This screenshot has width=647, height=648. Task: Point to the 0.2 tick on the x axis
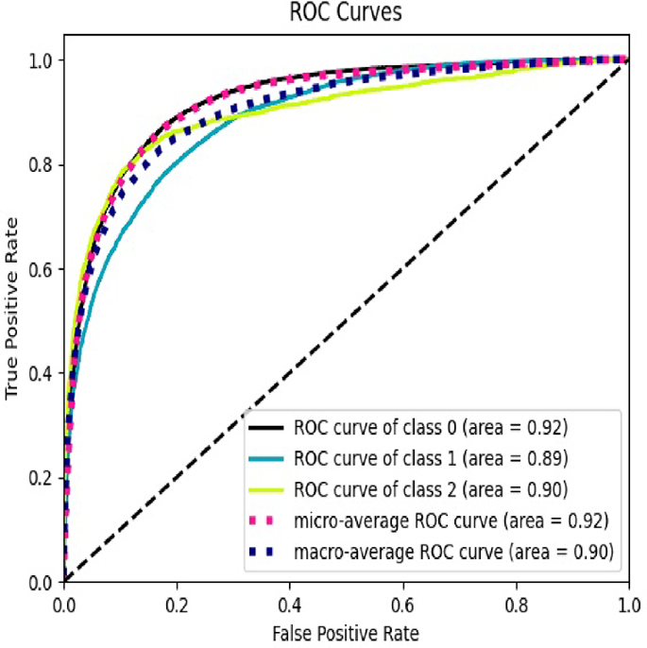point(177,603)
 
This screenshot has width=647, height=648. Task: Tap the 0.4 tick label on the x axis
point(290,603)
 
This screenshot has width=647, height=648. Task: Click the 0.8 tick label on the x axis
point(516,603)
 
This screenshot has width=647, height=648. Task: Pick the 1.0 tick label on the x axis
point(627,603)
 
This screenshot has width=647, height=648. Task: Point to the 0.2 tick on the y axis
point(41,478)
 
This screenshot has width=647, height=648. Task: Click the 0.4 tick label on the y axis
point(41,374)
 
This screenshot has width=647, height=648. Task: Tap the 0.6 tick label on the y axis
point(41,269)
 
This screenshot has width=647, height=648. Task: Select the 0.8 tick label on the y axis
point(41,164)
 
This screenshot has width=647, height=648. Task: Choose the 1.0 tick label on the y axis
point(41,60)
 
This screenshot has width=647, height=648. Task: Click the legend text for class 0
point(431,429)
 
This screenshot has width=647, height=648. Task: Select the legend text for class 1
point(431,459)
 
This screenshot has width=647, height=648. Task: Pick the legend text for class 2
point(431,489)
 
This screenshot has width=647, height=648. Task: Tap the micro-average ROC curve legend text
point(451,520)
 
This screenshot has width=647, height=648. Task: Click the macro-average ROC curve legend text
point(451,550)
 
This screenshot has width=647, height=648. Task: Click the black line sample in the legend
point(267,430)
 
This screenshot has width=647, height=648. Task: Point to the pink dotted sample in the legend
point(267,520)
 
